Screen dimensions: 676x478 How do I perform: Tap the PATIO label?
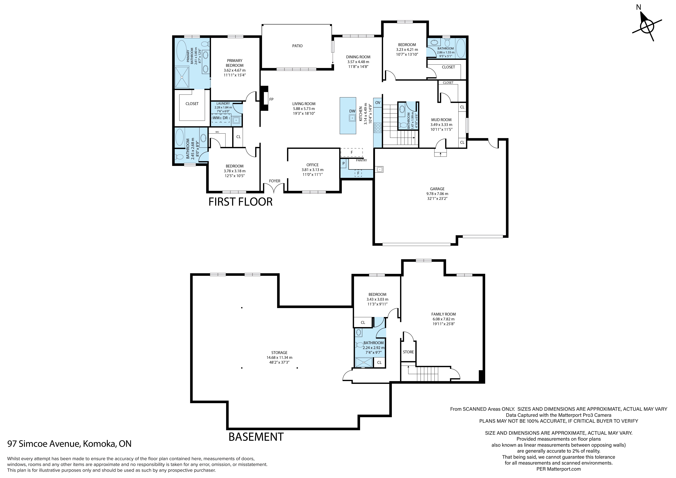297,46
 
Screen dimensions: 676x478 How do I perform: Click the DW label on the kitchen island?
352,111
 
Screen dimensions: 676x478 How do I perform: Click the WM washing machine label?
216,118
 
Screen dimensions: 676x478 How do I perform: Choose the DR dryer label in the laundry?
225,118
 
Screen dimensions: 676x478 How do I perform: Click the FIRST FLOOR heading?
241,202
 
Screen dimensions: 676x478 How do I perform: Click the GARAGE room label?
437,189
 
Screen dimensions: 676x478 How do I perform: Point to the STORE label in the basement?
408,352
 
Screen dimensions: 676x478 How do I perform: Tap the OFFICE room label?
312,165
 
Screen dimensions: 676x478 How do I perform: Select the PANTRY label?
361,161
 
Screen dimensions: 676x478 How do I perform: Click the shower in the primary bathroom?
182,77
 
